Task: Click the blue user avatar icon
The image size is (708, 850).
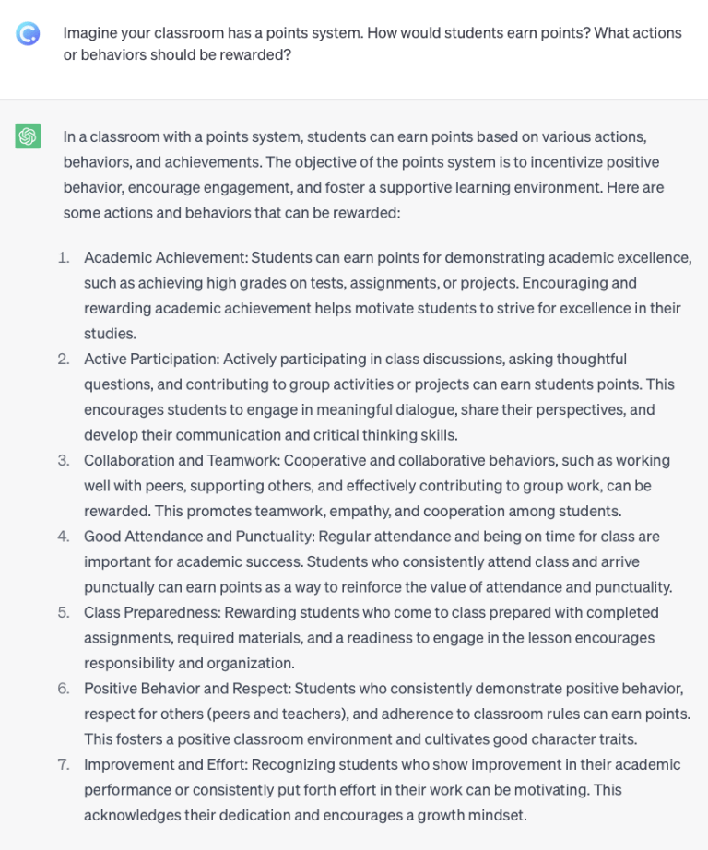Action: point(28,34)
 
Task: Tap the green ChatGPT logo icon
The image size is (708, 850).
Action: point(28,136)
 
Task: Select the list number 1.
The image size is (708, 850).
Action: point(64,258)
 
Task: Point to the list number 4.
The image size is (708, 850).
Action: point(64,537)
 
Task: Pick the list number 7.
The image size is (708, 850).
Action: point(64,764)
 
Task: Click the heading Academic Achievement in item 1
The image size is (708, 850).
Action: point(165,258)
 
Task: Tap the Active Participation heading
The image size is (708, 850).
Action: point(150,360)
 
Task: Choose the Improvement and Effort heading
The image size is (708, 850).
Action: point(165,764)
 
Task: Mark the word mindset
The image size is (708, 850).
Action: point(497,815)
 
